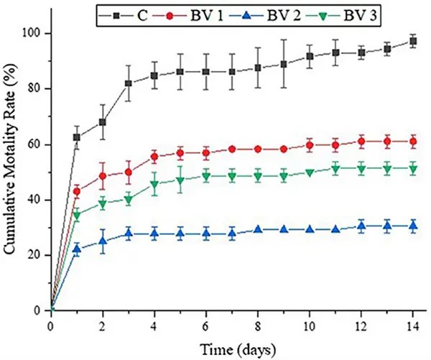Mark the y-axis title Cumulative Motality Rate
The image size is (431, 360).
pyautogui.click(x=12, y=172)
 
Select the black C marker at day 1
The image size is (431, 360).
pyautogui.click(x=77, y=137)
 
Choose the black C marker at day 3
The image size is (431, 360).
pyautogui.click(x=129, y=83)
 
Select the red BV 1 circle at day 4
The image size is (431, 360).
pyautogui.click(x=154, y=156)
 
